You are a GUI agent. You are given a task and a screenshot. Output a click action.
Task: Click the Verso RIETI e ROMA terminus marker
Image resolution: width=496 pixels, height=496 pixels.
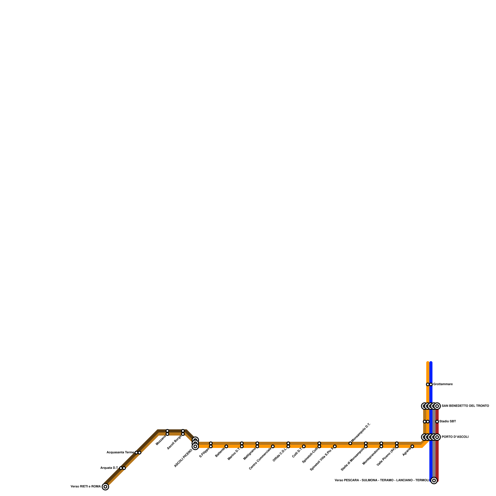(105, 487)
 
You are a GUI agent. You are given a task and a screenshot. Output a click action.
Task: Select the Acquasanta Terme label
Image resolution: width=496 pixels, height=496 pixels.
(120, 453)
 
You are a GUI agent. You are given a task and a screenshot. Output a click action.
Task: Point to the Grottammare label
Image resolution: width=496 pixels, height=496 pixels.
(443, 384)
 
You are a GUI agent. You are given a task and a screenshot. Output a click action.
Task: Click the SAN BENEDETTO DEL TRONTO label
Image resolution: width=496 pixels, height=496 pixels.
(465, 406)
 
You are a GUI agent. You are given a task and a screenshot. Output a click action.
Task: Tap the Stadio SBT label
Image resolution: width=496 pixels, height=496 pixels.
(448, 422)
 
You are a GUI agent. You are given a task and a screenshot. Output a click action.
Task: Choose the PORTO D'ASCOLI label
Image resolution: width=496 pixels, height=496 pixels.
(455, 437)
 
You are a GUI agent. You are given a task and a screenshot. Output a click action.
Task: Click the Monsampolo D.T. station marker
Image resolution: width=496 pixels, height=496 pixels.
(350, 443)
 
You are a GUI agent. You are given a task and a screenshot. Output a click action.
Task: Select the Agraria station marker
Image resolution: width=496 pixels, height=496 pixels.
(412, 446)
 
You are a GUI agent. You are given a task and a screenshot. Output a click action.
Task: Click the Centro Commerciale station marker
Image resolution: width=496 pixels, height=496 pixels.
(273, 446)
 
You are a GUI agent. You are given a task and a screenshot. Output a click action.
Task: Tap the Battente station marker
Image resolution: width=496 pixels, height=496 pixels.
(226, 446)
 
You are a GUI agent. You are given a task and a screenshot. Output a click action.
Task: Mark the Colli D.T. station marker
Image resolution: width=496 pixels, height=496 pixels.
(304, 446)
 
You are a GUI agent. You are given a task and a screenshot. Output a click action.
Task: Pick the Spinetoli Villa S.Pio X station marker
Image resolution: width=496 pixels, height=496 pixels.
(335, 446)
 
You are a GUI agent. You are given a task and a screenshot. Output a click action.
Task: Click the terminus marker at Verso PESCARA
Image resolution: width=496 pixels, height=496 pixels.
(434, 480)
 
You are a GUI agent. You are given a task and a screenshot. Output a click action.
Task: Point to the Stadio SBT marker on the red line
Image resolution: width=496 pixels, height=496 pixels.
(437, 422)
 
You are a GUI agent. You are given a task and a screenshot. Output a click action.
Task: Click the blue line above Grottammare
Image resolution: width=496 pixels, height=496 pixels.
(431, 372)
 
